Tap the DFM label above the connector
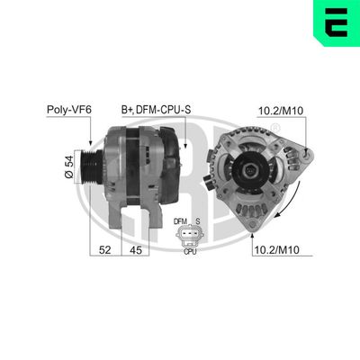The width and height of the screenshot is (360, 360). pyautogui.click(x=179, y=220)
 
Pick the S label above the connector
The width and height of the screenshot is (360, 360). pyautogui.click(x=198, y=220)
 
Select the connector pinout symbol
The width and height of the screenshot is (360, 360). pyautogui.click(x=189, y=236)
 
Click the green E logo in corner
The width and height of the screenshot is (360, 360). pyautogui.click(x=337, y=22)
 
